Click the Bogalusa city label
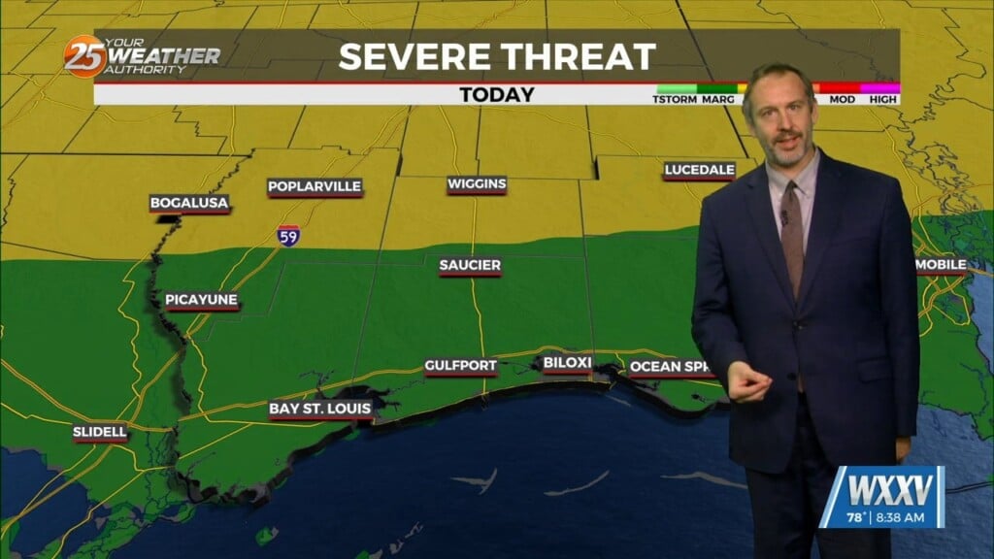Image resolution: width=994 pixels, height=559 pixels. click(x=189, y=204)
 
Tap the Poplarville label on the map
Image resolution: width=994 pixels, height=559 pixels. click(x=315, y=187)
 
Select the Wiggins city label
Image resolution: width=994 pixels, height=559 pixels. click(x=477, y=184)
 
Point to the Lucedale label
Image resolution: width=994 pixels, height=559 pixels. click(x=699, y=171)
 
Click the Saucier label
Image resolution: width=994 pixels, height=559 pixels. click(x=470, y=266)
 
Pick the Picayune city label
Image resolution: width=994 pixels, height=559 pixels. click(x=201, y=301)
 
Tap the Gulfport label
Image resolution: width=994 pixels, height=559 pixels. click(x=460, y=367)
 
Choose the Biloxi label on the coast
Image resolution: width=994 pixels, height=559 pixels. click(x=567, y=364)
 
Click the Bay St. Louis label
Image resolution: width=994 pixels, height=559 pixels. click(x=320, y=410)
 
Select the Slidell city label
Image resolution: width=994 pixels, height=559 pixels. click(x=100, y=433)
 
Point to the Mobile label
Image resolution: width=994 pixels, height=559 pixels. click(x=941, y=265)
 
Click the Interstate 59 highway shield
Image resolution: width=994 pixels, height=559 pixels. click(x=287, y=236)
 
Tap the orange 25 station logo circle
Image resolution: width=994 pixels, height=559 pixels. click(x=84, y=56)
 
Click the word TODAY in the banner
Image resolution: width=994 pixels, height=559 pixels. click(x=497, y=95)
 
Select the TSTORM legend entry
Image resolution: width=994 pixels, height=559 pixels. click(x=675, y=100)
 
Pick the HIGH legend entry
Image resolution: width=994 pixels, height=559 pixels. click(x=883, y=100)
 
